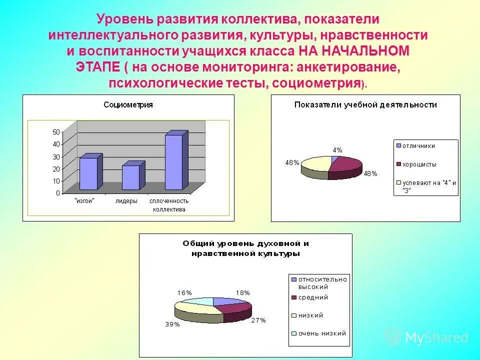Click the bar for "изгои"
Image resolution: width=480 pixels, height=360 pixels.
point(89,173)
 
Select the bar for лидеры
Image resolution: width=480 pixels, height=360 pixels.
point(131,177)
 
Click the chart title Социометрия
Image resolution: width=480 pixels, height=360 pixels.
point(128,105)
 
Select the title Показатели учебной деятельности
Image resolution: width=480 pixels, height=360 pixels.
point(365,105)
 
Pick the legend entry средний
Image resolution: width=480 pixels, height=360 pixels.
point(313,297)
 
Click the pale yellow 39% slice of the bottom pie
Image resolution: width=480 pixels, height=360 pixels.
point(197,308)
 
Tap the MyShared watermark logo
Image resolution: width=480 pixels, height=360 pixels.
point(427,338)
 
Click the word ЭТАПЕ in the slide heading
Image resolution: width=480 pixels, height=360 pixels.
point(98,67)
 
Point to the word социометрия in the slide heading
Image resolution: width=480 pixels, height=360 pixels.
point(316,83)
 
